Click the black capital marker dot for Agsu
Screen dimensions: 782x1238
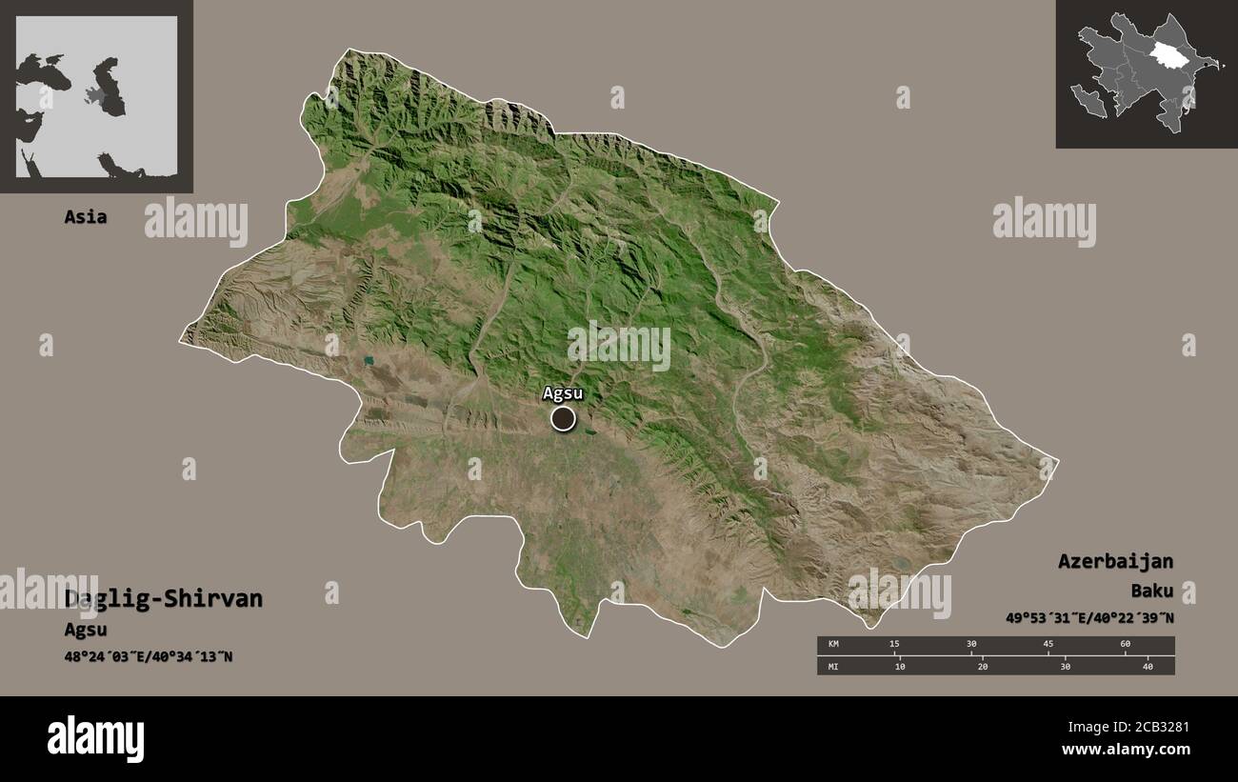[x=563, y=418]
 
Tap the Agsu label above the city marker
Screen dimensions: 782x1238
[x=562, y=392]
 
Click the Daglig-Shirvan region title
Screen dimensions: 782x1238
[x=164, y=599]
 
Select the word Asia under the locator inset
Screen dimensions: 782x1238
[x=86, y=217]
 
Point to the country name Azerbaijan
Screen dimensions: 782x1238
[x=1115, y=561]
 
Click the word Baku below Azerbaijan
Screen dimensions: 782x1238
[x=1152, y=591]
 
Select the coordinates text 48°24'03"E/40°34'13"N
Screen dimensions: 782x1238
[x=149, y=657]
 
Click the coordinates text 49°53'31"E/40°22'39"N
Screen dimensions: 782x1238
[x=1089, y=618]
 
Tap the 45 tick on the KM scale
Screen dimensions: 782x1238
[x=1048, y=645]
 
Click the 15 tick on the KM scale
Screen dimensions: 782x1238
[x=893, y=645]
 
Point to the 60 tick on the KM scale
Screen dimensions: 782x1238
[x=1125, y=645]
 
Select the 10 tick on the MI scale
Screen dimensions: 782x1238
[x=900, y=667]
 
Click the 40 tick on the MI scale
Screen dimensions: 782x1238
[x=1148, y=667]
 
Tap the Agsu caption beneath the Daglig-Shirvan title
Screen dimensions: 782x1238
[x=86, y=630]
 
